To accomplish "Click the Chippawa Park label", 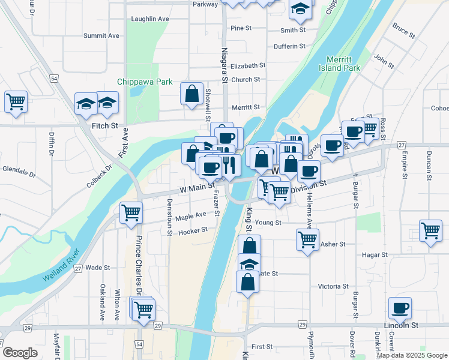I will tap(145, 82).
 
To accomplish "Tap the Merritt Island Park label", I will tap(344, 64).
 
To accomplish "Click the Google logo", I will tap(19, 353).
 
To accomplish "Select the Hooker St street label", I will tap(193, 230).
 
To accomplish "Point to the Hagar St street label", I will tap(375, 254).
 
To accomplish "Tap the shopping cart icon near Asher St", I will tap(308, 239).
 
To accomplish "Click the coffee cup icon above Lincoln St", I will tap(400, 308).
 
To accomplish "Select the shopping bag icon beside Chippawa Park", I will tap(191, 94).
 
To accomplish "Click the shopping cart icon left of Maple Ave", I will tap(131, 212).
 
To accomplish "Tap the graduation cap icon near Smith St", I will tap(300, 8).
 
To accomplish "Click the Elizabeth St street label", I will tap(247, 65).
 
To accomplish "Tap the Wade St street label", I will tap(97, 268).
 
